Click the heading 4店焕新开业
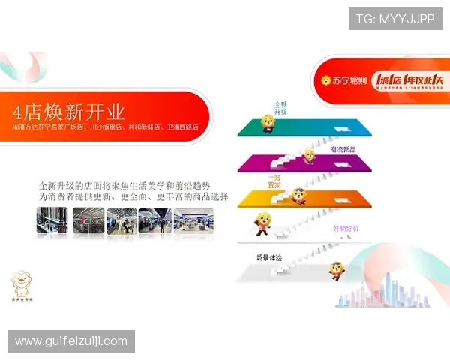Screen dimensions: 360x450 pos(68,112)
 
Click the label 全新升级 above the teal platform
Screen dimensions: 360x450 pos(280,108)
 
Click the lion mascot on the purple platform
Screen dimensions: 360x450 pos(308,157)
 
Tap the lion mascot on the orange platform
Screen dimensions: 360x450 pos(298,196)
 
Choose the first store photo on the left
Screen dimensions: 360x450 pos(52,220)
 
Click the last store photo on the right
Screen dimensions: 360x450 pos(193,220)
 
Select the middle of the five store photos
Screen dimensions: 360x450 pos(121,220)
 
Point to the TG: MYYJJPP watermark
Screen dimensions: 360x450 pos(394,18)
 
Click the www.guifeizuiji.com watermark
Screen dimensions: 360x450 pos(71,341)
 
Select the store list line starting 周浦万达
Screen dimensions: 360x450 pos(105,128)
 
